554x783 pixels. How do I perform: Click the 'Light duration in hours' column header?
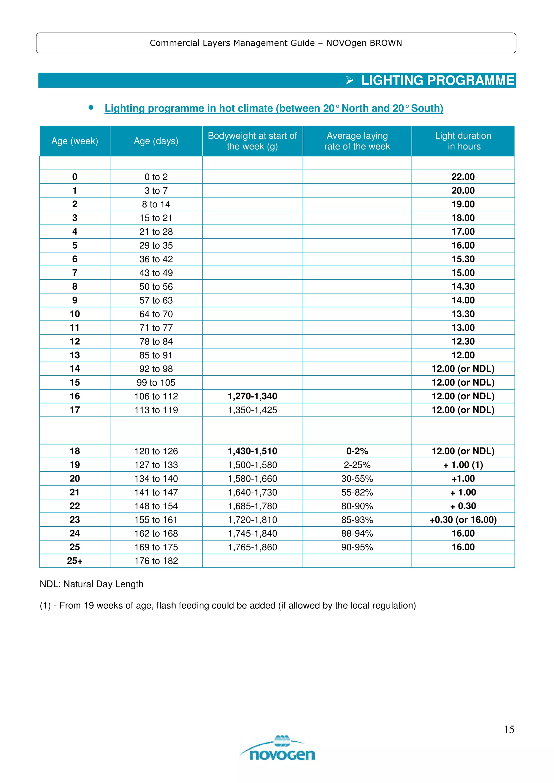point(463,141)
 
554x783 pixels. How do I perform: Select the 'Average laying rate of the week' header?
point(357,141)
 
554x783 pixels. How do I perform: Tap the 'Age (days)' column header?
point(156,141)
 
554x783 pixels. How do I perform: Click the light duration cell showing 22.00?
point(463,177)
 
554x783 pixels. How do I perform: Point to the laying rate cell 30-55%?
point(357,479)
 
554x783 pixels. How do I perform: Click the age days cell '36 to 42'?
point(156,259)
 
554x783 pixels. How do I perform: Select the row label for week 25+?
point(75,561)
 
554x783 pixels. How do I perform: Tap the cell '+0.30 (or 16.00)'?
point(463,520)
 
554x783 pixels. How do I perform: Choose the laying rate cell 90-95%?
point(357,547)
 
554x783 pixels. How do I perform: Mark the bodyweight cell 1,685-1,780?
point(252,506)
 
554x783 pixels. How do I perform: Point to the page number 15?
point(509,730)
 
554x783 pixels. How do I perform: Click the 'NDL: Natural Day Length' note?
point(91,584)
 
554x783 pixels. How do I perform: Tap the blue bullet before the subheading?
point(91,108)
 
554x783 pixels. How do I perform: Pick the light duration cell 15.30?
point(463,259)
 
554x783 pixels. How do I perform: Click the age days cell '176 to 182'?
point(156,561)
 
